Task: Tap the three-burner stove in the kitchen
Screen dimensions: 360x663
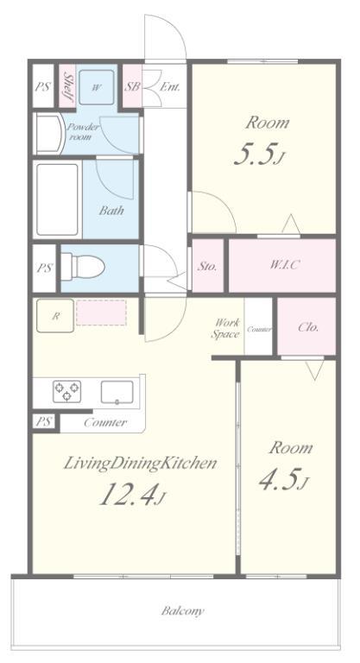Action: [66, 391]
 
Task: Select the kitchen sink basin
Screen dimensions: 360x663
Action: [117, 392]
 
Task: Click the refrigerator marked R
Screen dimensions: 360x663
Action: [55, 315]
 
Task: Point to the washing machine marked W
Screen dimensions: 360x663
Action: [97, 87]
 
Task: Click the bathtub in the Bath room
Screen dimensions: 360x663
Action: [57, 199]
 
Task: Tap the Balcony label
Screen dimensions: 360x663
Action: [182, 611]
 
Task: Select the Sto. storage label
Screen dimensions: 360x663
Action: [208, 267]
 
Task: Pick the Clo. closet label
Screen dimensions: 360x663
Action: [308, 327]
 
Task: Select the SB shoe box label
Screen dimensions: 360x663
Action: [132, 87]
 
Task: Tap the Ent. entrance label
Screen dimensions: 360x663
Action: [170, 87]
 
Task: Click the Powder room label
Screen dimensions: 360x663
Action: [83, 132]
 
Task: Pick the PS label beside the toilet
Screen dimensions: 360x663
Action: [44, 268]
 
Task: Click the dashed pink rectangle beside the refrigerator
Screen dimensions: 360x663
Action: [101, 313]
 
